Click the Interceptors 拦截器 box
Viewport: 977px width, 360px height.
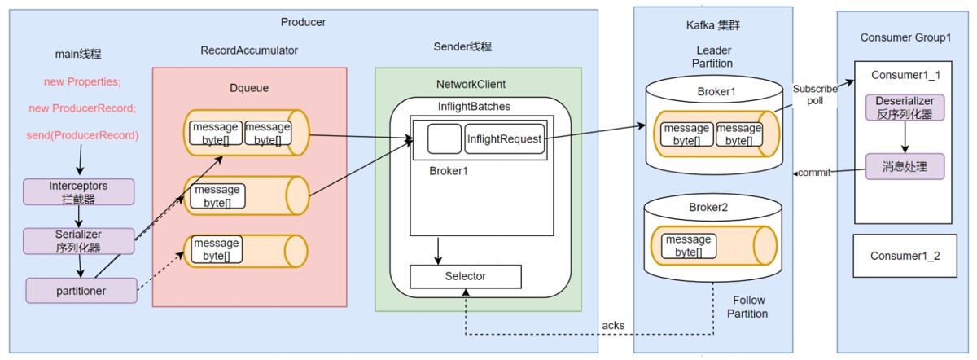pyautogui.click(x=79, y=191)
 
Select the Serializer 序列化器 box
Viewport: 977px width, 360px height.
pyautogui.click(x=79, y=240)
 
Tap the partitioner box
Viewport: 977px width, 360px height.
pyautogui.click(x=79, y=289)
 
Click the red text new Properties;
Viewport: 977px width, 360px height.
pyautogui.click(x=81, y=83)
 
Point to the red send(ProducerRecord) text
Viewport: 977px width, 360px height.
pyautogui.click(x=81, y=134)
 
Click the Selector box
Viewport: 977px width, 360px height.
pyautogui.click(x=465, y=276)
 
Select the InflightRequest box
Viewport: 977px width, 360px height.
pyautogui.click(x=504, y=139)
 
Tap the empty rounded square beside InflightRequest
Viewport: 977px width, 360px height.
pyautogui.click(x=444, y=139)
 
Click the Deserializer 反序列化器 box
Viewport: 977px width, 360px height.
pyautogui.click(x=905, y=107)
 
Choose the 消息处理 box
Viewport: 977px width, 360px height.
pyautogui.click(x=905, y=168)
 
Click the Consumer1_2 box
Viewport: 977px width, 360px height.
pyautogui.click(x=905, y=256)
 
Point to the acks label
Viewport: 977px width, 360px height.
pyautogui.click(x=613, y=325)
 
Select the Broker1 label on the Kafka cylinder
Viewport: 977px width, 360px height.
pyautogui.click(x=716, y=91)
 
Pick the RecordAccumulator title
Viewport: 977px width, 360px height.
pyautogui.click(x=249, y=50)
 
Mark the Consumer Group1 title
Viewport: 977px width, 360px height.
pyautogui.click(x=905, y=38)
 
